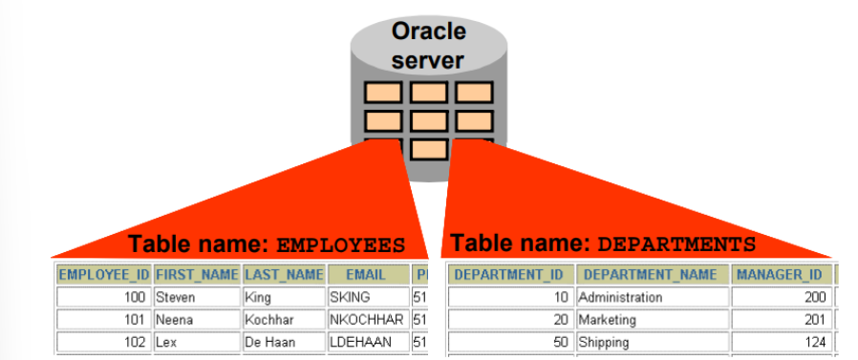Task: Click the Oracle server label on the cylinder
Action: tap(428, 46)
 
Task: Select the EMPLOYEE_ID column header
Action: tap(103, 275)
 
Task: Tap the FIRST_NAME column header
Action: tap(197, 275)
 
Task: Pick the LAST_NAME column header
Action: tap(284, 275)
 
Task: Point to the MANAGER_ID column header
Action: tap(783, 275)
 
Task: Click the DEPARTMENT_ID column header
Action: tap(510, 275)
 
